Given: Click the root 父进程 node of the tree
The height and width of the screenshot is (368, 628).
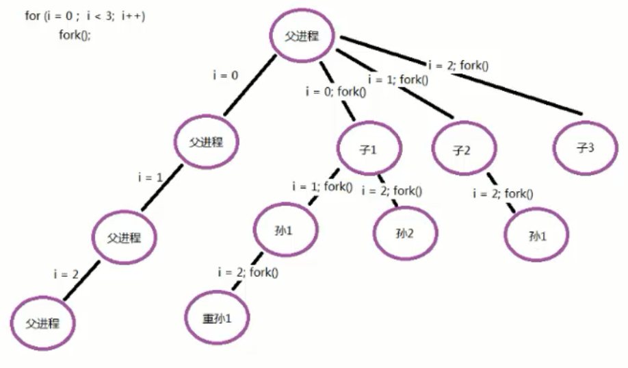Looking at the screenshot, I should point(302,37).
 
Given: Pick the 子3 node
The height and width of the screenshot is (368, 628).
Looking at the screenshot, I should point(585,149).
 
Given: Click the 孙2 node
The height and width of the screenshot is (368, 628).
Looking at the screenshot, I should point(404,233).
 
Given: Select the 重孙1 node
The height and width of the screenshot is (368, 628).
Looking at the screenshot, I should point(217,317).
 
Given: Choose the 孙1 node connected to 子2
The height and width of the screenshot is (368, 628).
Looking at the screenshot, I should point(538,235).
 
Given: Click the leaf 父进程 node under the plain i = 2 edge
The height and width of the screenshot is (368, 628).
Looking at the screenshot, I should point(42,322).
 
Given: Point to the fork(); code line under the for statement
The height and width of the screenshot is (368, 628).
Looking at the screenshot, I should point(74,35).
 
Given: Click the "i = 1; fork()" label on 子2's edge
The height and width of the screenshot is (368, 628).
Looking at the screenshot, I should point(397,79).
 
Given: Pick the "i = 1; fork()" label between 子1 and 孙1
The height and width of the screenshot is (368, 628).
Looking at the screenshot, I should point(322,186).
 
